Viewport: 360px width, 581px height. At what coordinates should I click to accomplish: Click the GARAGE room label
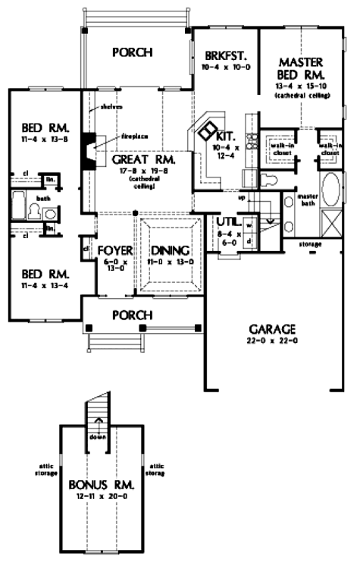click(x=270, y=329)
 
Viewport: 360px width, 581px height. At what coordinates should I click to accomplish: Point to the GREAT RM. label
click(x=144, y=161)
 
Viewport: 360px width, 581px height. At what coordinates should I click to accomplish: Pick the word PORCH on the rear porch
click(x=133, y=52)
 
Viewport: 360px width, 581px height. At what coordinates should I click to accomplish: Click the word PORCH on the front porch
click(x=133, y=315)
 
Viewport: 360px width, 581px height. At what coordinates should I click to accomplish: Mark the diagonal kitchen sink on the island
click(x=205, y=130)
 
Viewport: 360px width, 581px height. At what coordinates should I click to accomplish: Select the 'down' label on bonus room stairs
click(x=96, y=437)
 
